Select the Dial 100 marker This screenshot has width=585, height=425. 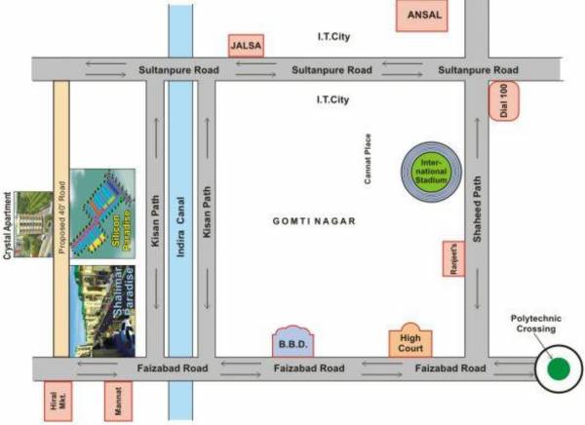click(504, 100)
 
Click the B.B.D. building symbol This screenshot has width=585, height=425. click(292, 343)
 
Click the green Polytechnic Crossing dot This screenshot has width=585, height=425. click(558, 369)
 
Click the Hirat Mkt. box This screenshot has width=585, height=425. click(54, 402)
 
